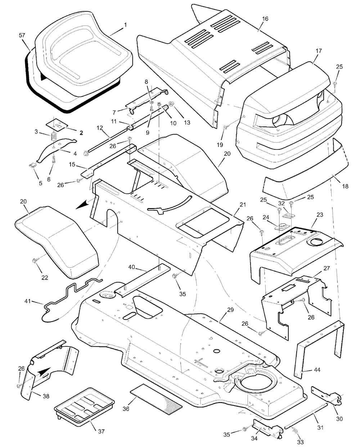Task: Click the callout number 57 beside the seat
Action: point(22,35)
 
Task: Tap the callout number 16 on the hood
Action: point(265,19)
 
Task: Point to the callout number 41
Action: point(28,301)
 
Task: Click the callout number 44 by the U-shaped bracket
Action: point(317,370)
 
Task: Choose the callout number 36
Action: point(126,408)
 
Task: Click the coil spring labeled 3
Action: point(54,137)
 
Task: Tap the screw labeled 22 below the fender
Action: point(36,260)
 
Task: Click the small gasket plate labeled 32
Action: point(289,215)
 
